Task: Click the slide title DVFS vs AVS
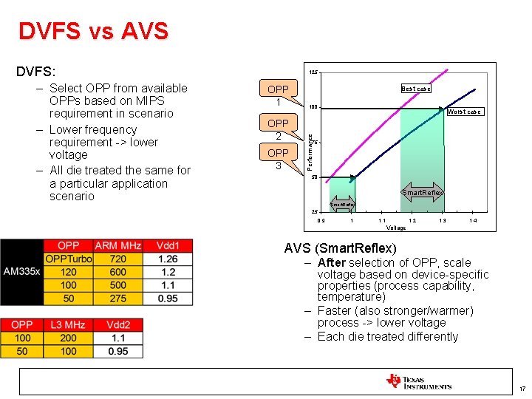point(93,31)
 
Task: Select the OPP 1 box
point(278,95)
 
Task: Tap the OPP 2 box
point(278,129)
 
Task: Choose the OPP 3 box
point(278,159)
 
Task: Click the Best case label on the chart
point(415,89)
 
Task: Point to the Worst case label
point(464,112)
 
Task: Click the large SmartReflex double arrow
point(422,193)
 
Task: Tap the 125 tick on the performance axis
point(313,72)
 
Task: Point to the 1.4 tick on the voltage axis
point(473,220)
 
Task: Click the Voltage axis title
point(396,228)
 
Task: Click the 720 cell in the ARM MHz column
point(117,259)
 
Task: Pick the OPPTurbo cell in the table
point(68,259)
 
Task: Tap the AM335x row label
point(21,272)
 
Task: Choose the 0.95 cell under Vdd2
point(118,351)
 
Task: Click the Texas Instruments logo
point(418,381)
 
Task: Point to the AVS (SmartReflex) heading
point(340,248)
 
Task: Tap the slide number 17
point(522,389)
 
